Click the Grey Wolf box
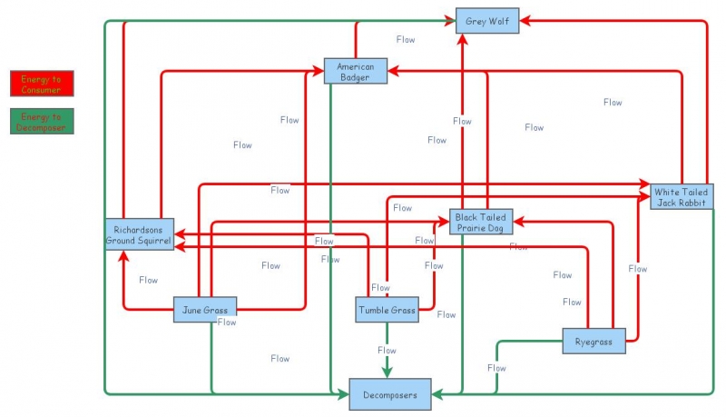(x=487, y=20)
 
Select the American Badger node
(x=355, y=71)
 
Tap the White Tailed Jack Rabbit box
(x=679, y=197)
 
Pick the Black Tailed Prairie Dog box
(x=480, y=222)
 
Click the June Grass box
(x=205, y=310)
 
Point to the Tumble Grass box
(x=387, y=310)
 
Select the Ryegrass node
(x=594, y=342)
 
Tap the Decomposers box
(x=390, y=395)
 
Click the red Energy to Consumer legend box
(x=42, y=84)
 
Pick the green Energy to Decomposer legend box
(x=42, y=122)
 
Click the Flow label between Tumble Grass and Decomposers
(x=387, y=350)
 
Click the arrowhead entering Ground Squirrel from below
(x=123, y=256)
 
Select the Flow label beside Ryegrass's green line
(x=496, y=368)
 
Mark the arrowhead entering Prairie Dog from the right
(x=517, y=220)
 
